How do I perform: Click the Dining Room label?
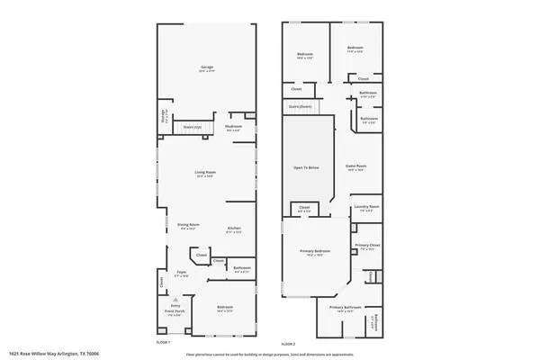pos(187,225)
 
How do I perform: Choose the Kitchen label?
pos(233,228)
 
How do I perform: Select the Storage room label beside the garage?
pos(164,114)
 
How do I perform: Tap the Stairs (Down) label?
pos(301,106)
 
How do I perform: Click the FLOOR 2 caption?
pos(288,344)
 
